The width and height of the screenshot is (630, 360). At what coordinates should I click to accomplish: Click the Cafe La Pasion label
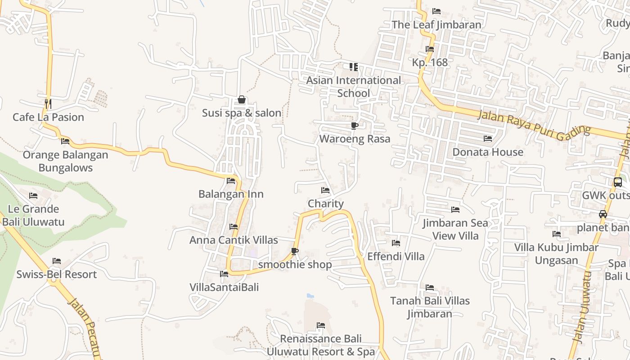pyautogui.click(x=48, y=117)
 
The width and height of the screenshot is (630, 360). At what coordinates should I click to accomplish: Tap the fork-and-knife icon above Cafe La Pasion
pyautogui.click(x=48, y=104)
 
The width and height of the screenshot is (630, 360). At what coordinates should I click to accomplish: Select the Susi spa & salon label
pyautogui.click(x=242, y=113)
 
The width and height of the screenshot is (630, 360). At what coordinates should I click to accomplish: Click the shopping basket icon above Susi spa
pyautogui.click(x=242, y=99)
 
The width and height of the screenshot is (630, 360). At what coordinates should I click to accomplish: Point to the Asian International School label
pyautogui.click(x=354, y=87)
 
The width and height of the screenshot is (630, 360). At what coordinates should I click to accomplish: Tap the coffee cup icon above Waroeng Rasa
pyautogui.click(x=355, y=126)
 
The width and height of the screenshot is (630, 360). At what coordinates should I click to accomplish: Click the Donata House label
pyautogui.click(x=488, y=152)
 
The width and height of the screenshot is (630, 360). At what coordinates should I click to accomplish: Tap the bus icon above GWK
pyautogui.click(x=618, y=182)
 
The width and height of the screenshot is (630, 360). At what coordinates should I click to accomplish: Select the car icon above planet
pyautogui.click(x=603, y=214)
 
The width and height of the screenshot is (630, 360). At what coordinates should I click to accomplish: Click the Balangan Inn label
pyautogui.click(x=231, y=194)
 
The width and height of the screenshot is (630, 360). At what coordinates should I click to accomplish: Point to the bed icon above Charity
pyautogui.click(x=325, y=190)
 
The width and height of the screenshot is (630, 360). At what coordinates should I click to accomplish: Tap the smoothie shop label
pyautogui.click(x=295, y=265)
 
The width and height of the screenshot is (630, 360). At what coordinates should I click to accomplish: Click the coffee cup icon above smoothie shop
pyautogui.click(x=295, y=251)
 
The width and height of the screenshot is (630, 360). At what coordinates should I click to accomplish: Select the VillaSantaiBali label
pyautogui.click(x=224, y=287)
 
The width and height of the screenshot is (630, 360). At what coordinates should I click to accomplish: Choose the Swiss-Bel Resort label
pyautogui.click(x=57, y=274)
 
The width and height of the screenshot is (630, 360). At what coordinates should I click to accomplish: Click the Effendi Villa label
pyautogui.click(x=396, y=256)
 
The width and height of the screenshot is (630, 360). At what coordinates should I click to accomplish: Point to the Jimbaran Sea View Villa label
pyautogui.click(x=455, y=229)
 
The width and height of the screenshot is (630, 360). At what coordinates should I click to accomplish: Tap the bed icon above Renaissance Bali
pyautogui.click(x=321, y=325)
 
